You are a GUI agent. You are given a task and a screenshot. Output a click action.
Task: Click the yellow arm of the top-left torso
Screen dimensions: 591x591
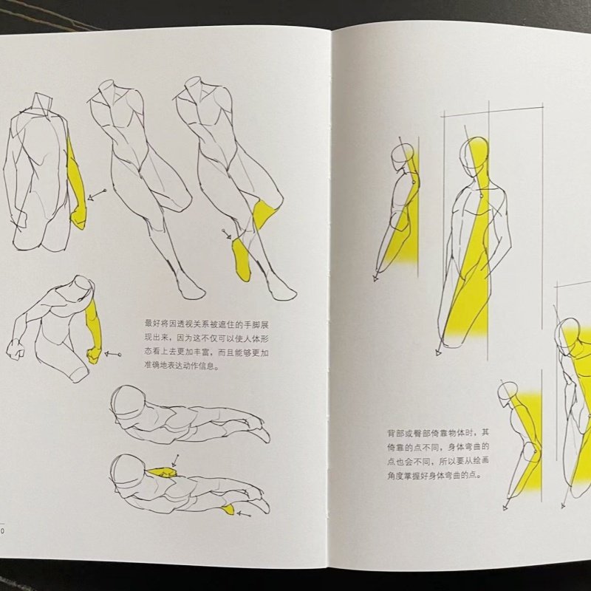(76, 185)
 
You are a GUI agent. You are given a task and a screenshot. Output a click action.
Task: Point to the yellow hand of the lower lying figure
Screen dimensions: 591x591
(160, 471)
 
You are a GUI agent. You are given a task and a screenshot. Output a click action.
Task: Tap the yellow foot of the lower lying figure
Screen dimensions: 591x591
(228, 508)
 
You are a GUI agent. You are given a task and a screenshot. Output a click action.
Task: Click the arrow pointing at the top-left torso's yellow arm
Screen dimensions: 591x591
(95, 194)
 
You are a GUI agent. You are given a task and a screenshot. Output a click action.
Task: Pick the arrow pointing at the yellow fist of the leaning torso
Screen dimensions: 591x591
(113, 355)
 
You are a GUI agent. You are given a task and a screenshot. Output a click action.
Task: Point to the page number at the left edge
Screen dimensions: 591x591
(2, 530)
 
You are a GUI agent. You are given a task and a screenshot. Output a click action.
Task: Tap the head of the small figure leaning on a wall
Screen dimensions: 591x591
(403, 157)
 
